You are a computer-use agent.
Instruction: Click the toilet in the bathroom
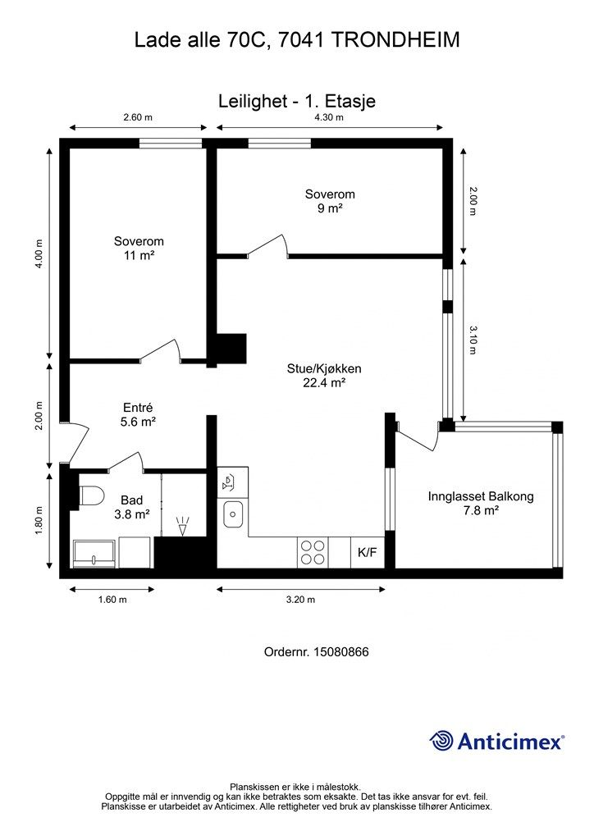[90, 495]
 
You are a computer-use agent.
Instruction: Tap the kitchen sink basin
[233, 514]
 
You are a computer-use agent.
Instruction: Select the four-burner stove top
[313, 552]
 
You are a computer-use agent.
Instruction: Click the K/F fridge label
[367, 552]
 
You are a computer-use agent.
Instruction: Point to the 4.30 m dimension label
[329, 117]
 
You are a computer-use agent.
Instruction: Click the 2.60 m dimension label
[138, 117]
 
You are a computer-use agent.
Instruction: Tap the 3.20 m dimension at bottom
[300, 600]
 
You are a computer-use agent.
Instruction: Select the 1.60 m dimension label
[112, 600]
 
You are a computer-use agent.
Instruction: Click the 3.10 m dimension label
[473, 340]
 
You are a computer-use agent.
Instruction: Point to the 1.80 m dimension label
[38, 520]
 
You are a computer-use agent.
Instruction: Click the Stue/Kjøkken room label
[324, 368]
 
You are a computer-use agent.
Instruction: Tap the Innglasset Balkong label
[481, 496]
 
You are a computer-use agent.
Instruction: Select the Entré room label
[138, 408]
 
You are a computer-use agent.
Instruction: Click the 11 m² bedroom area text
[139, 256]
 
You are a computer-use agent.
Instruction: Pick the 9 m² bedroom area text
[330, 208]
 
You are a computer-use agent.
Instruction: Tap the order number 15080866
[340, 652]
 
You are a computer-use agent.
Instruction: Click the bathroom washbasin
[94, 554]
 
